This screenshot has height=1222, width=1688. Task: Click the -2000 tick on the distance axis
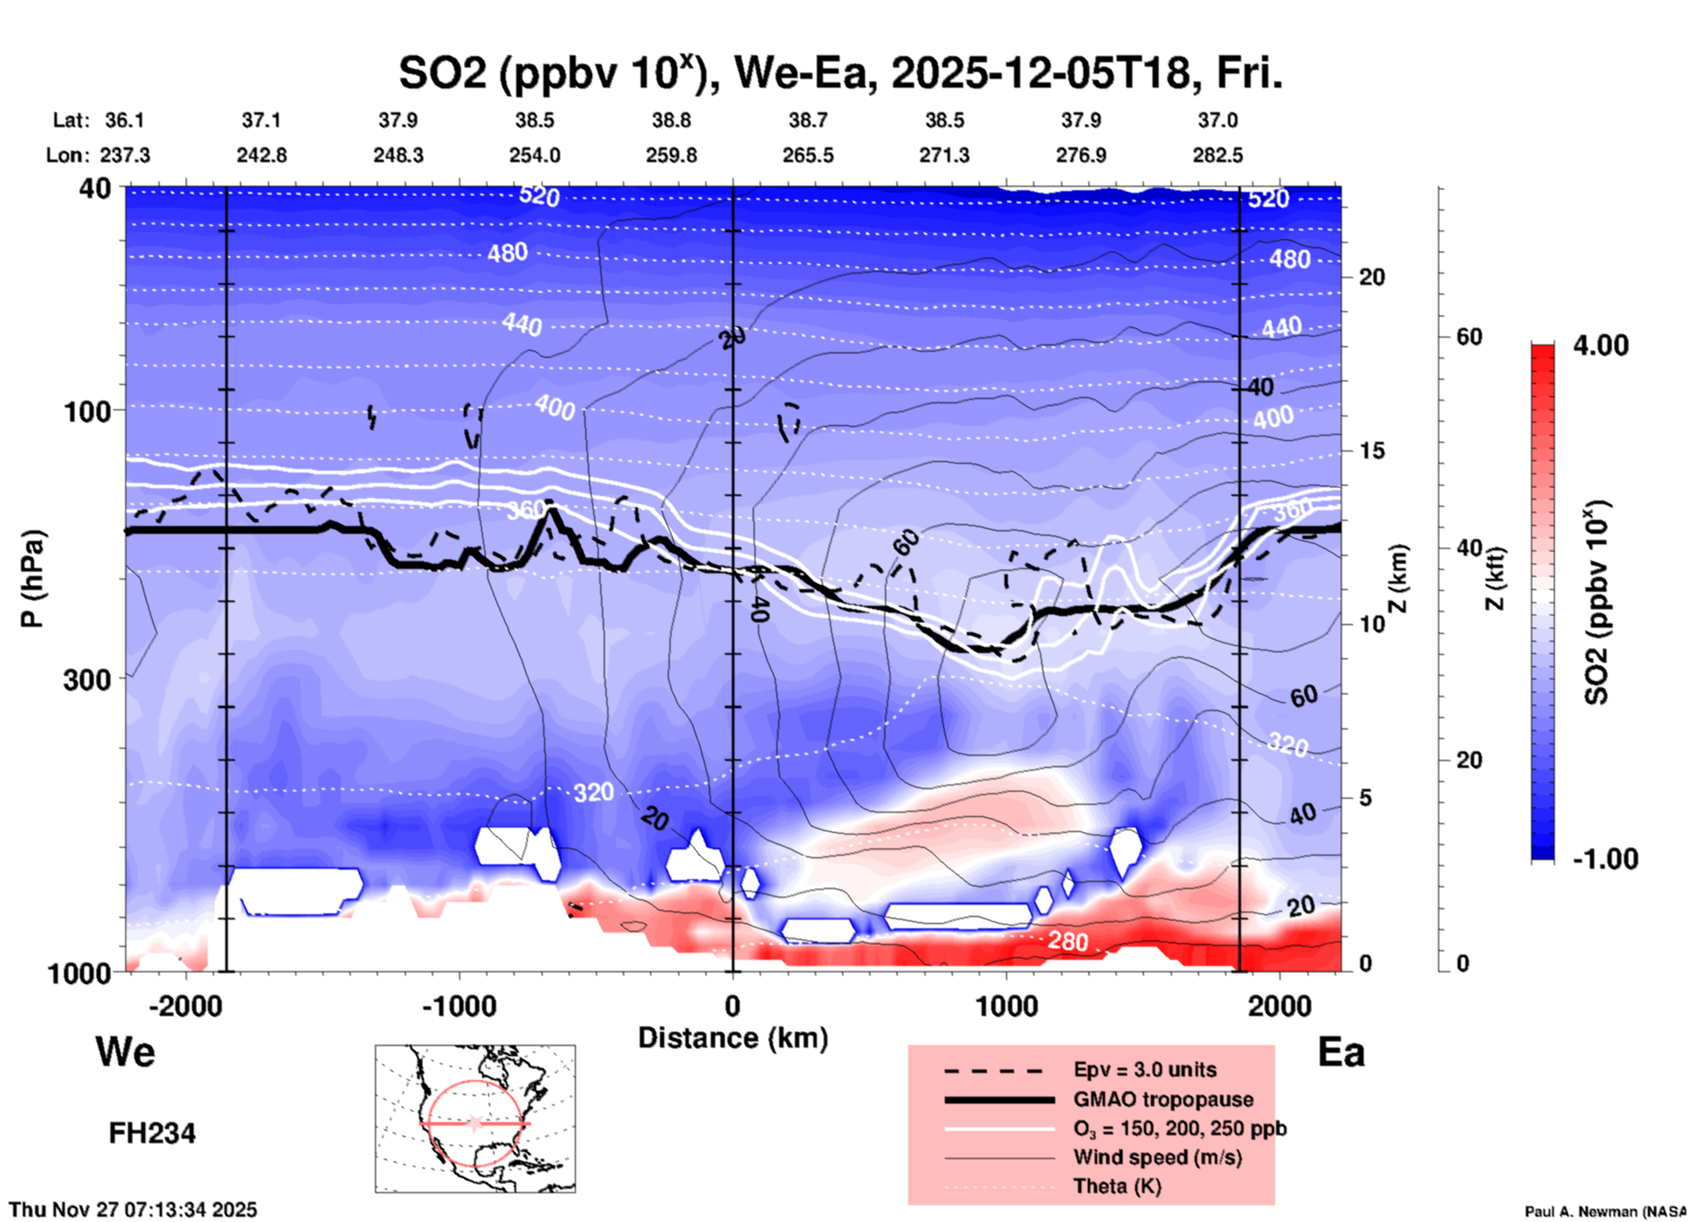click(185, 1005)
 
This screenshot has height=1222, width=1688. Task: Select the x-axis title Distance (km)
click(733, 1038)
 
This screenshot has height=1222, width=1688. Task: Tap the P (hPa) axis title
click(32, 579)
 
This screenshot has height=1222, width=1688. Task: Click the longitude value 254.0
click(535, 155)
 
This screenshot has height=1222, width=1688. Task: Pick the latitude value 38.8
click(671, 120)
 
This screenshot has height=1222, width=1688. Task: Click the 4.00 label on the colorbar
click(1600, 345)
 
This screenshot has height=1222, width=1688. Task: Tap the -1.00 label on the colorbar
click(1605, 858)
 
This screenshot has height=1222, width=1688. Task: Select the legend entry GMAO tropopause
click(1163, 1099)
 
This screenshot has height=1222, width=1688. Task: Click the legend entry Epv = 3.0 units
click(1145, 1070)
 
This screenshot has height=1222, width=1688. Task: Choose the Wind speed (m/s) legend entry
click(1157, 1157)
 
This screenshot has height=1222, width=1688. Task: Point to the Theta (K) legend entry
click(1117, 1186)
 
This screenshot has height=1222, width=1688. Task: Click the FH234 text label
click(152, 1133)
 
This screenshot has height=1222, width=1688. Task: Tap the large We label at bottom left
click(125, 1052)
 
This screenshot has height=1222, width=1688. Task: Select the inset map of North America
click(475, 1118)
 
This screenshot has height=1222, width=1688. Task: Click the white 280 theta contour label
click(1067, 941)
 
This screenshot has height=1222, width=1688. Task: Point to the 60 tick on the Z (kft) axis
click(1468, 337)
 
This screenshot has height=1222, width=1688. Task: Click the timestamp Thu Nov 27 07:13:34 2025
click(133, 1210)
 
